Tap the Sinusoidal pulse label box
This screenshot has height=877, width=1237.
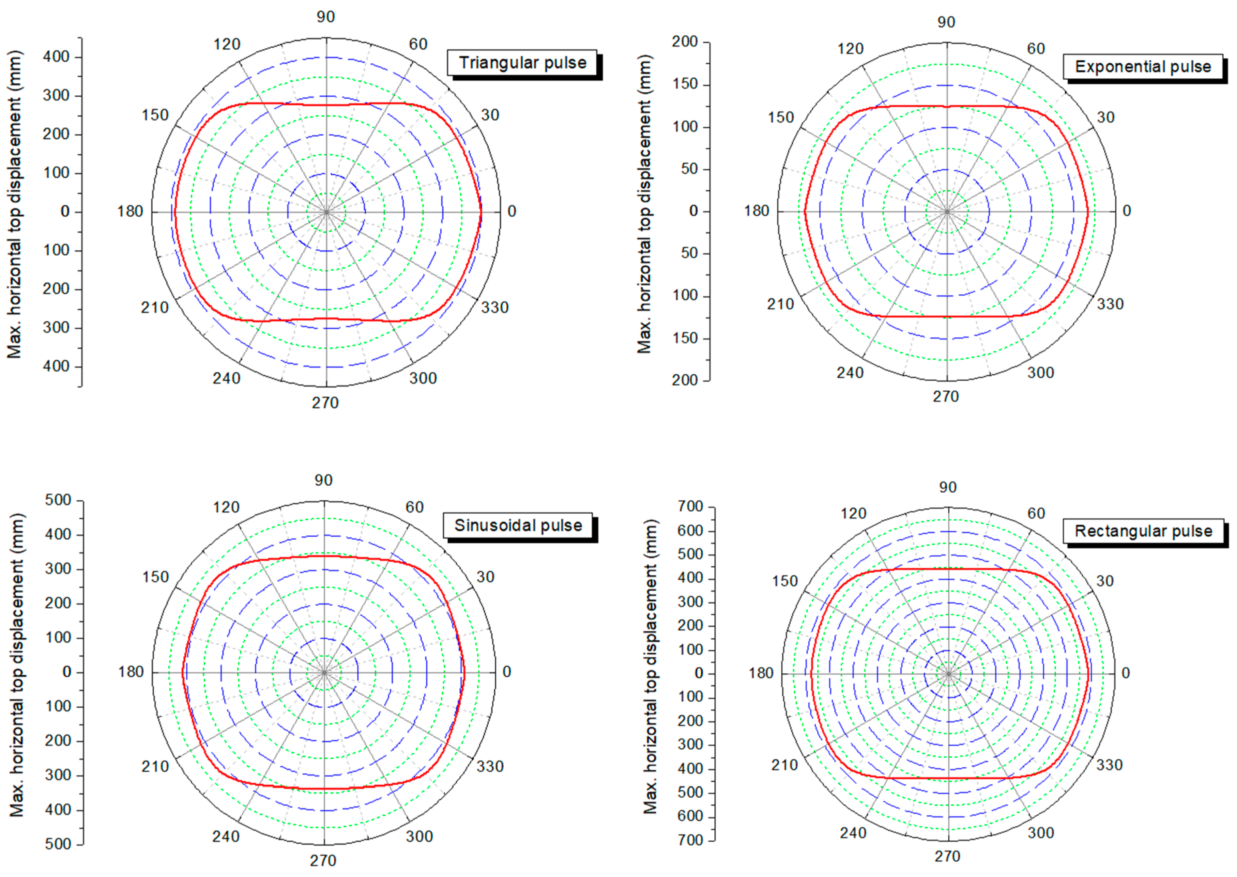[518, 526]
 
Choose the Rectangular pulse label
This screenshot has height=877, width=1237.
[1143, 531]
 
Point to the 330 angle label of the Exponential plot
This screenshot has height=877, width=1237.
[1110, 304]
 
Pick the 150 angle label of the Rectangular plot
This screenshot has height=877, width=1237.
[784, 581]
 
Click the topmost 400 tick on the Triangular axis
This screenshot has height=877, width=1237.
[56, 57]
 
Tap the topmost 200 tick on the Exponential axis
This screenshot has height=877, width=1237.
[685, 42]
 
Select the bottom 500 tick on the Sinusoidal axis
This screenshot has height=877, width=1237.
[58, 844]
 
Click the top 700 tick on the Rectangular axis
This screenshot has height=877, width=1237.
[690, 506]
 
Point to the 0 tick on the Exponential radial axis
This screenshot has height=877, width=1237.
[693, 211]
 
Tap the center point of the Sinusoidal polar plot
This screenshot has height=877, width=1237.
[324, 672]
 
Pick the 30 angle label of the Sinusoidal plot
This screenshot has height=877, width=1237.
[485, 577]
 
